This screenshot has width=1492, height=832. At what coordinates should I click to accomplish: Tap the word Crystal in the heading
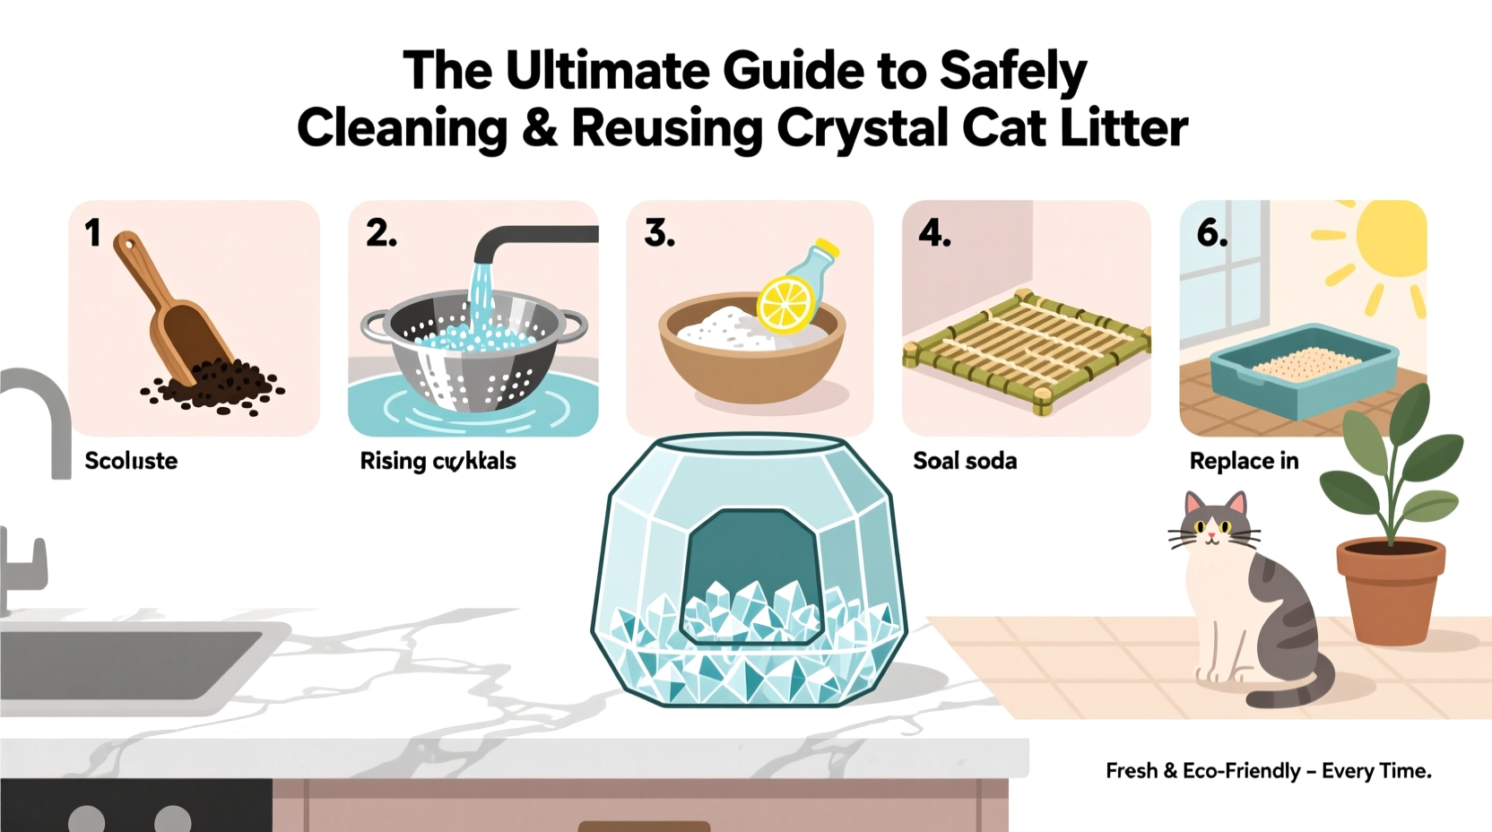pos(861,128)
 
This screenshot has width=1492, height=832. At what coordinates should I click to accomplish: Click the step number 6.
pos(1211,234)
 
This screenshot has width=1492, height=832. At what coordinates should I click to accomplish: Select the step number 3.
pos(659,234)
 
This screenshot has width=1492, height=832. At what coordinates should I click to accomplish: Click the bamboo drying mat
pos(1027,351)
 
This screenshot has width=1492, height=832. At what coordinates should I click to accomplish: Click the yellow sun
pos(1390,238)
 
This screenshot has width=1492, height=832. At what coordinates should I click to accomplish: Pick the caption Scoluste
pos(131,461)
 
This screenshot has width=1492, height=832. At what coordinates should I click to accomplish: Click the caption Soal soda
pos(965,461)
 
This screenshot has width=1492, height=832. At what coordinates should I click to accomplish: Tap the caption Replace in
pos(1244,461)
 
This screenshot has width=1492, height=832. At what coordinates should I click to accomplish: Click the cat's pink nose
pos(1211,536)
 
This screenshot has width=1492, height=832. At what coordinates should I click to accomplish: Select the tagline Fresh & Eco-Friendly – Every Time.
pos(1268,771)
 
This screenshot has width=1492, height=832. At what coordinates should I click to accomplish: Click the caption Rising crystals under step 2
pos(438,461)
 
